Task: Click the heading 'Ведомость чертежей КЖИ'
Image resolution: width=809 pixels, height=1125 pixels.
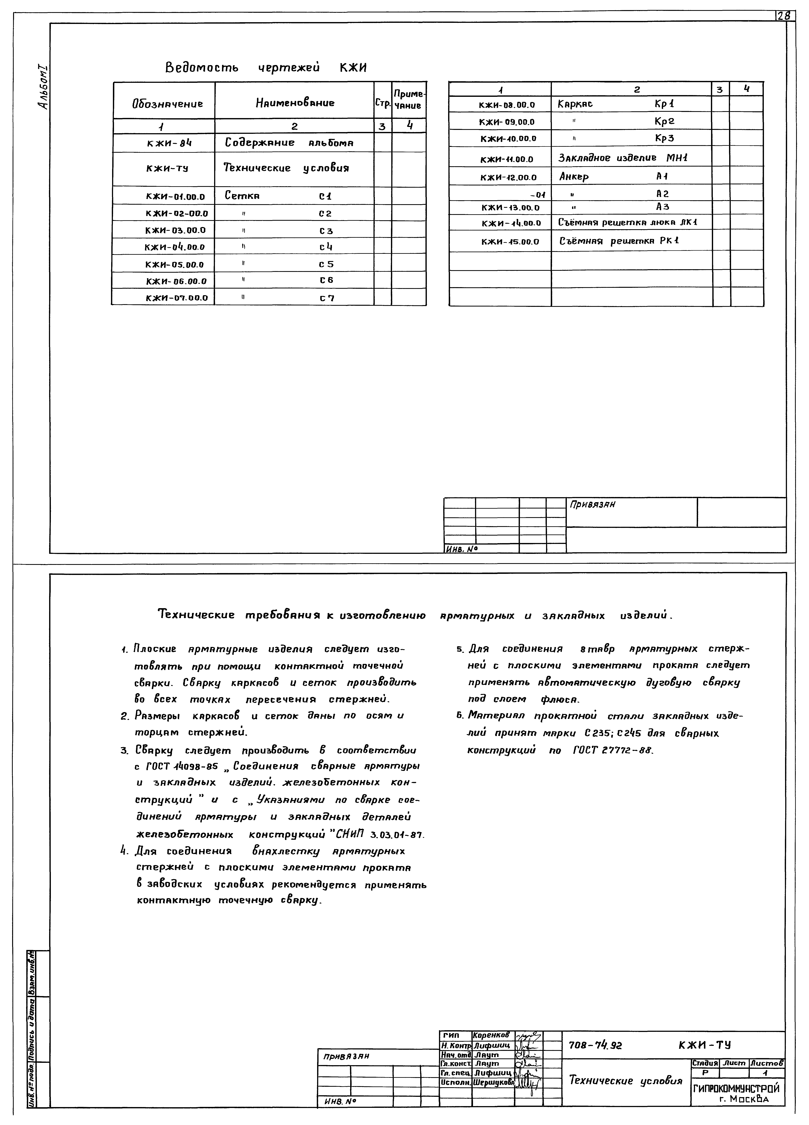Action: (266, 67)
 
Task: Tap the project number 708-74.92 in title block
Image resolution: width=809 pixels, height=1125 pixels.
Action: (595, 1045)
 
